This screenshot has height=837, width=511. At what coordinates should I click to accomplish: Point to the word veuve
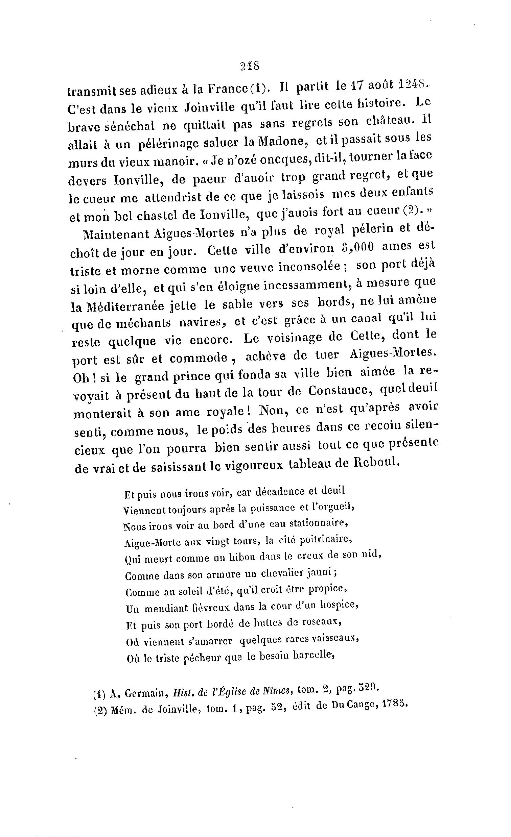pyautogui.click(x=257, y=268)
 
